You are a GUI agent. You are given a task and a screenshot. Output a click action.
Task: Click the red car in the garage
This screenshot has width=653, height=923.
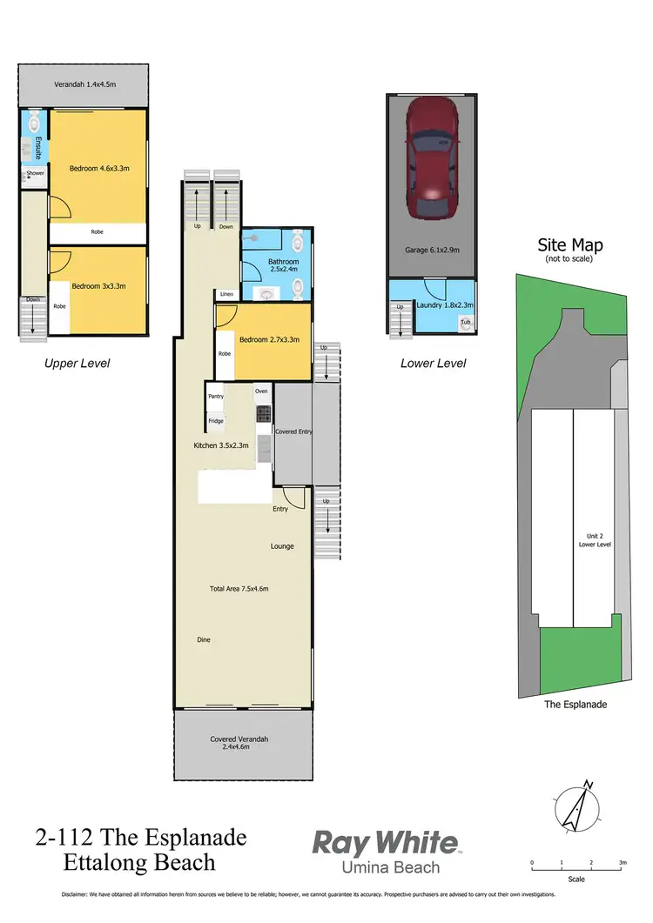[432, 157]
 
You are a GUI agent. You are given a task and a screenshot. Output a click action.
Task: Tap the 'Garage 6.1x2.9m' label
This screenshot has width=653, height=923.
[432, 250]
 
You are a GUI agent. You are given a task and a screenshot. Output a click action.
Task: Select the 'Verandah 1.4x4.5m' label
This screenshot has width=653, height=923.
[84, 84]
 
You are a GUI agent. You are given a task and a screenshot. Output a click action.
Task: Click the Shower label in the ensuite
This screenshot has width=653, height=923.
[35, 173]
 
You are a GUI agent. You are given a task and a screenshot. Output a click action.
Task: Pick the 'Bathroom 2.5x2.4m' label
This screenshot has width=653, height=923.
[284, 265]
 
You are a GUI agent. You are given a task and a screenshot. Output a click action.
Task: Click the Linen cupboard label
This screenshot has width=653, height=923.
[226, 294]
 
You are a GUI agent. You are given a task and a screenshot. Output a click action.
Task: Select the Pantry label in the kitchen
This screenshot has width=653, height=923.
[216, 397]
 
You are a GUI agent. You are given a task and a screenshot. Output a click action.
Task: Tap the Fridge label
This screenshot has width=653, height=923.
[216, 421]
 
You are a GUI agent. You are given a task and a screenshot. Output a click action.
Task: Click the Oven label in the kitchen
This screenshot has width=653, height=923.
[261, 391]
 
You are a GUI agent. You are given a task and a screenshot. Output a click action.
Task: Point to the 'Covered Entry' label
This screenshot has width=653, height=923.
[293, 431]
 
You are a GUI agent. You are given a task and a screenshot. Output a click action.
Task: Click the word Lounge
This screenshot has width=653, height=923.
[282, 546]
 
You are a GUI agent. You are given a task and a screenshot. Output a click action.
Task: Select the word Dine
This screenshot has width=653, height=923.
[204, 639]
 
